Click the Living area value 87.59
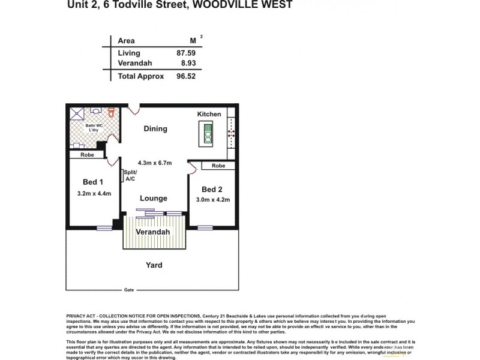187,53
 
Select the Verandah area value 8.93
188,63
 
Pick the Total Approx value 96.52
187,76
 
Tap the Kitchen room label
209,114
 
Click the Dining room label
155,129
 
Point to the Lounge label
154,199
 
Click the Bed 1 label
94,182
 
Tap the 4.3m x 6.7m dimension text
155,163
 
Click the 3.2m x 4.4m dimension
95,193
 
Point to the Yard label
154,265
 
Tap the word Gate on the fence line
128,289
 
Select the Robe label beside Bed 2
218,166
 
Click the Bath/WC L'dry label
94,128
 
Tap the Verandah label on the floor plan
152,232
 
